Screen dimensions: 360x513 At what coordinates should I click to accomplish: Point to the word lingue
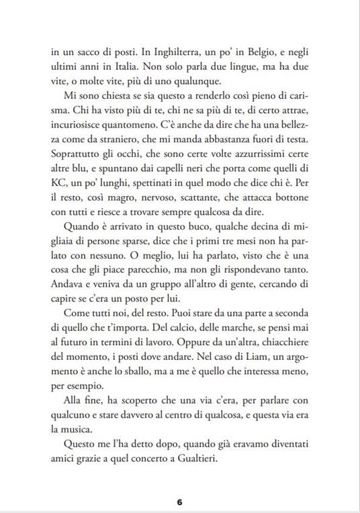(245, 66)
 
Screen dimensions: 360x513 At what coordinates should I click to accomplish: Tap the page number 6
(180, 502)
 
